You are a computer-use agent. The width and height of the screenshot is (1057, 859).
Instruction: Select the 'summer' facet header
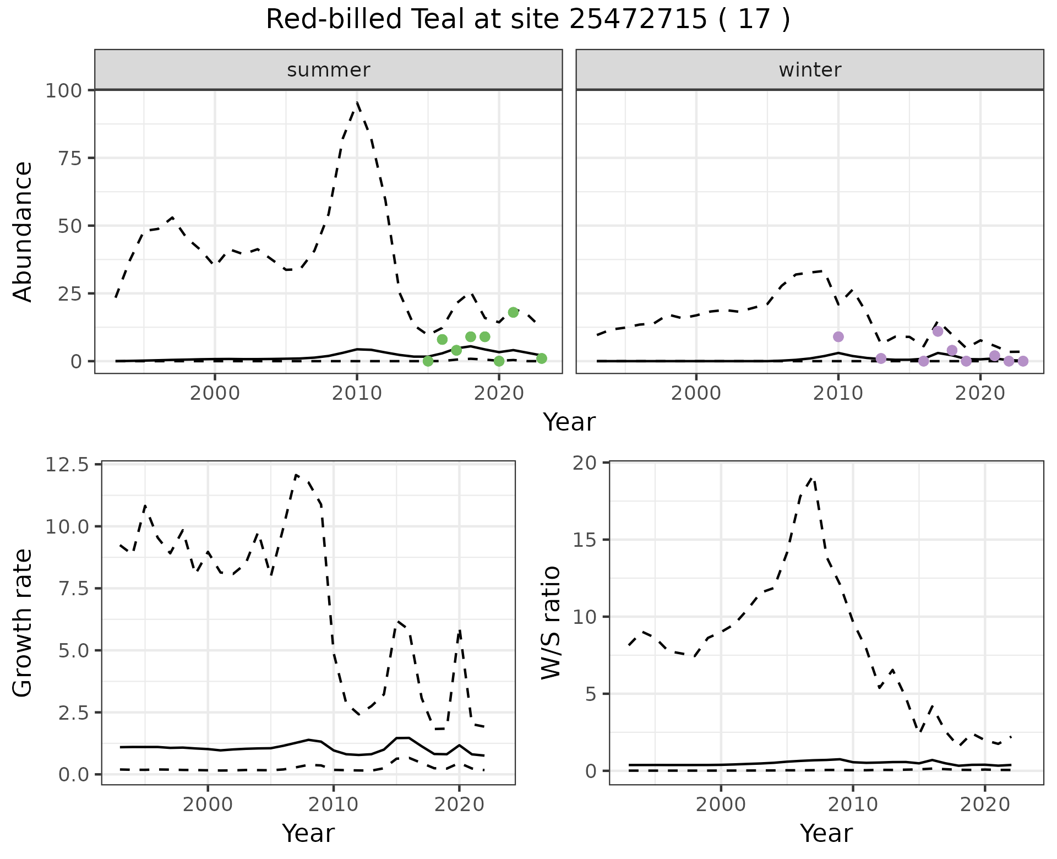[x=328, y=70]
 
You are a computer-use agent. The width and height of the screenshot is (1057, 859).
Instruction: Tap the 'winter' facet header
[x=809, y=70]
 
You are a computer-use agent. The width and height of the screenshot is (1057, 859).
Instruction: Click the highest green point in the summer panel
[x=513, y=312]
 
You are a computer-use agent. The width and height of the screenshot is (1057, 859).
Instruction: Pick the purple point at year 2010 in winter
[x=838, y=336]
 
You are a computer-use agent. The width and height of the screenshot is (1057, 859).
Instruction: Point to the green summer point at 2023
[x=541, y=358]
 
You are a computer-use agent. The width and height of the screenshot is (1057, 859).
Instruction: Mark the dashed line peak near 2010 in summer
[x=357, y=102]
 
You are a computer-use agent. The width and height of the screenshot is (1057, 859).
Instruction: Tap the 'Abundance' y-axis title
[x=23, y=231]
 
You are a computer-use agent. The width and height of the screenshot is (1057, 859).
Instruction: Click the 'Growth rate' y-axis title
[x=23, y=623]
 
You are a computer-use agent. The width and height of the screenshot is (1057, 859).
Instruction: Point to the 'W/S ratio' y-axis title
[x=551, y=623]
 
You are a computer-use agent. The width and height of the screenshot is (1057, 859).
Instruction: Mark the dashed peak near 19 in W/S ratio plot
[x=813, y=478]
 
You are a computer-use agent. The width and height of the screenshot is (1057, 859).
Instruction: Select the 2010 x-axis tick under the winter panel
[x=838, y=393]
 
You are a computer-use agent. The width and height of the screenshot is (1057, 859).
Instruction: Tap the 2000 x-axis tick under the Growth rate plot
[x=208, y=804]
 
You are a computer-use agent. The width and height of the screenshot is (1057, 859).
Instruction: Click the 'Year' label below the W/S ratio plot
[x=826, y=833]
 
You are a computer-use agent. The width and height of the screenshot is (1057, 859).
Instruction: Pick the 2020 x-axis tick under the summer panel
[x=499, y=393]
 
